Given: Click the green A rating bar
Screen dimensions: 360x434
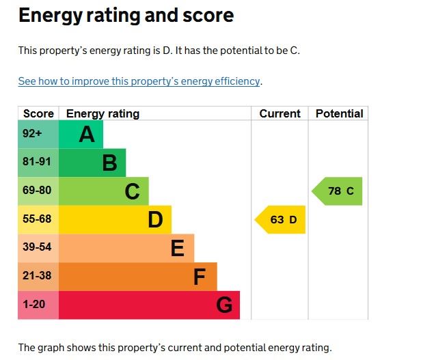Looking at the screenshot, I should (81, 135).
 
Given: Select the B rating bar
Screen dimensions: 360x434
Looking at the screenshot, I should (92, 163).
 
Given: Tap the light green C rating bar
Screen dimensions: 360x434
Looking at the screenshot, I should (103, 191).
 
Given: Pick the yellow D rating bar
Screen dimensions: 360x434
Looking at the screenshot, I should (115, 220).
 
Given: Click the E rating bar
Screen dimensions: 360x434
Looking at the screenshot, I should (126, 248).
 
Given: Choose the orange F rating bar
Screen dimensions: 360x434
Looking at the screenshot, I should (137, 277).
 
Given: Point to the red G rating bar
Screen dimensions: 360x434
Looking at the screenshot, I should (149, 305).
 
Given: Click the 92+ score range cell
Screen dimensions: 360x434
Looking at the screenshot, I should (38, 135).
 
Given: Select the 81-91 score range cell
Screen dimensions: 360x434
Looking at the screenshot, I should (38, 163).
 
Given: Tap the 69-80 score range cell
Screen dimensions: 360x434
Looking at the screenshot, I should (38, 191).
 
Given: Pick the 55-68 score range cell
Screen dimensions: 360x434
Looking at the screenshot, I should (38, 220).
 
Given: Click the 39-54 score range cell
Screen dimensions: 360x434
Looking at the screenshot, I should (38, 248).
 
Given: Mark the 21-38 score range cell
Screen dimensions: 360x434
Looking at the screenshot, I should (38, 277).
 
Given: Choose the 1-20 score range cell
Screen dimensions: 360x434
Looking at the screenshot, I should (38, 305).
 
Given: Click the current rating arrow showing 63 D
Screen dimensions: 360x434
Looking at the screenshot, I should (281, 220).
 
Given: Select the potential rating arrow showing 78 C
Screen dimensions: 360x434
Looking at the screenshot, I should (338, 191).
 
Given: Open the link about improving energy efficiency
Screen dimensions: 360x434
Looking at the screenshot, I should (139, 81).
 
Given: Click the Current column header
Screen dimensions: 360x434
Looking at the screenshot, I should (280, 114).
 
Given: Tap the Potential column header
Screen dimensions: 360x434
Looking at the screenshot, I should (339, 114).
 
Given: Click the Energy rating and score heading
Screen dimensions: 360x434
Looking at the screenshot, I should (126, 16).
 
